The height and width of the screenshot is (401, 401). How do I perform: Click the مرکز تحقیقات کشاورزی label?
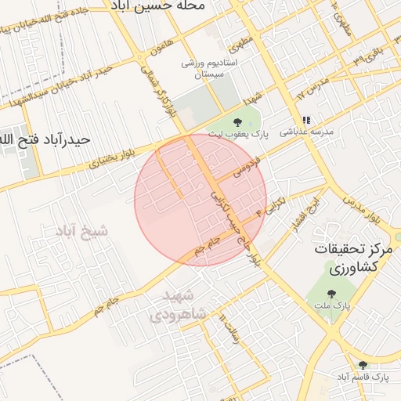click(351, 258)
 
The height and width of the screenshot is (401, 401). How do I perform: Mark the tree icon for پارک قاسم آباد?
click(362, 365)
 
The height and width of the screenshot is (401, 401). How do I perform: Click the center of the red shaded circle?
click(200, 200)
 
